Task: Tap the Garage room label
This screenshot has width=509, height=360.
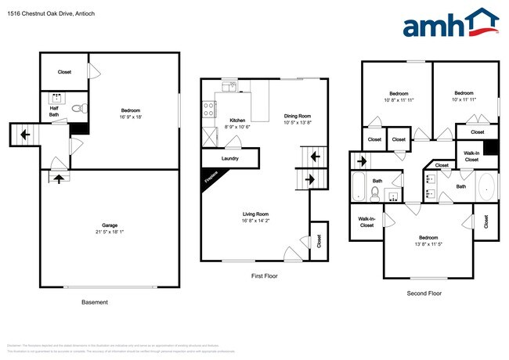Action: pos(109,224)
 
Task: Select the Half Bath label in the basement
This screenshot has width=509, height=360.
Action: pos(53,111)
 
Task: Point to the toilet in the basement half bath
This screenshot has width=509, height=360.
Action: pos(77,109)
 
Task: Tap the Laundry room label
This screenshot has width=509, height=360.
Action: pos(230,159)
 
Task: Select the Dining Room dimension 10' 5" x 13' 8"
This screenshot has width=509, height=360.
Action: pos(297,123)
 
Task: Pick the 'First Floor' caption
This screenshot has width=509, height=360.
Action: pos(264,275)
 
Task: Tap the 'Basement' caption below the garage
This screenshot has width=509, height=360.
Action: pos(95,302)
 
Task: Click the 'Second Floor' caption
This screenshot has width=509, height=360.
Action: pos(424,293)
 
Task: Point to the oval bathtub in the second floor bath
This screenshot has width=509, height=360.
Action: pos(486,187)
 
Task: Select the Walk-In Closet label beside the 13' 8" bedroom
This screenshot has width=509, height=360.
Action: pos(366,222)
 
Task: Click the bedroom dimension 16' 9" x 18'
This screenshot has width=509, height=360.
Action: pos(132,117)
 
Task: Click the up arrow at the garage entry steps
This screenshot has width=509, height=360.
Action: pos(60,179)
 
